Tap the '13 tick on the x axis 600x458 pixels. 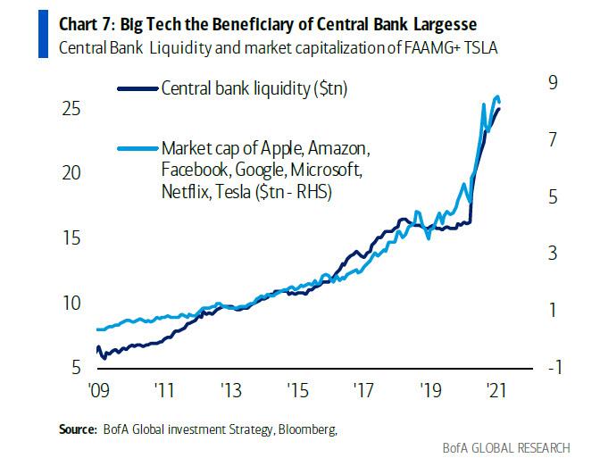click(x=230, y=390)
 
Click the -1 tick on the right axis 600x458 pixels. click(x=554, y=368)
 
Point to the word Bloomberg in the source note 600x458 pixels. click(x=305, y=429)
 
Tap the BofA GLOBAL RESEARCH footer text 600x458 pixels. click(x=516, y=446)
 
